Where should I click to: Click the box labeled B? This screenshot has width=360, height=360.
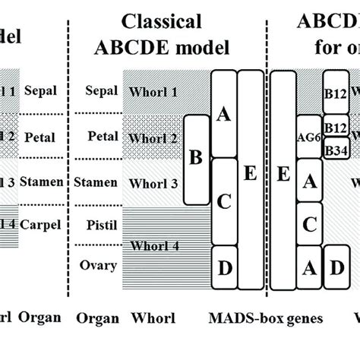click(196, 158)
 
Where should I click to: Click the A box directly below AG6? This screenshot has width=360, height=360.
click(310, 182)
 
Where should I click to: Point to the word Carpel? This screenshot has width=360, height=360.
click(40, 225)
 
